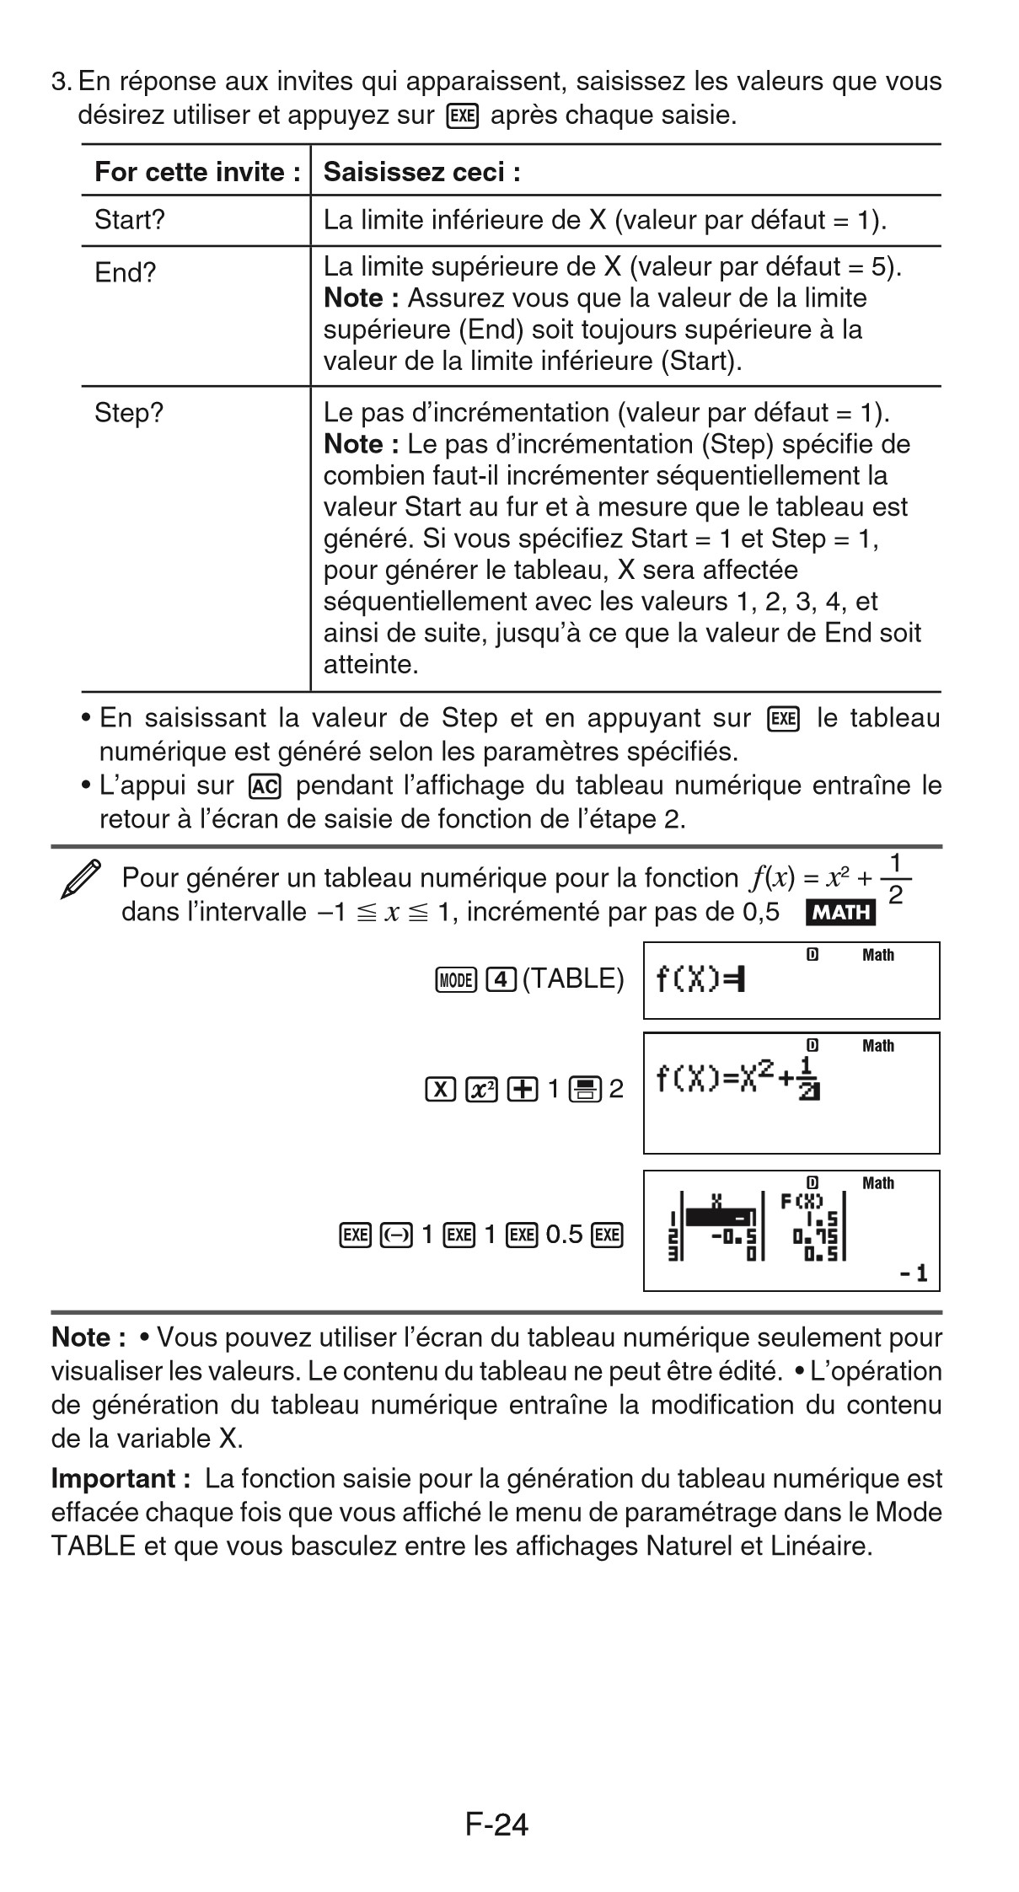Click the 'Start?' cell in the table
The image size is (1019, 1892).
tap(130, 221)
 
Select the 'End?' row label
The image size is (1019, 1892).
tap(126, 273)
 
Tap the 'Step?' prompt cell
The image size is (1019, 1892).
tap(129, 413)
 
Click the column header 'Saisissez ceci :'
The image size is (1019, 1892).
tap(421, 172)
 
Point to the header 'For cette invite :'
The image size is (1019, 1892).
tap(197, 172)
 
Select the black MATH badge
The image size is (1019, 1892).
tap(840, 912)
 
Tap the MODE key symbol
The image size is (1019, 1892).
tap(457, 979)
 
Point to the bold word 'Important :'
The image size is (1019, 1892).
tap(115, 1479)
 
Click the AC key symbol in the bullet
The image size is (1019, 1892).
tap(265, 785)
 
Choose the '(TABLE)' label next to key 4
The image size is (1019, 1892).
tap(573, 978)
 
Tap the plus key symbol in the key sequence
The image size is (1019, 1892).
tap(523, 1090)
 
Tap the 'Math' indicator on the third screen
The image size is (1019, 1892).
tap(877, 1183)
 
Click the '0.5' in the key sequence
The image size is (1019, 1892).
tap(564, 1235)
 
